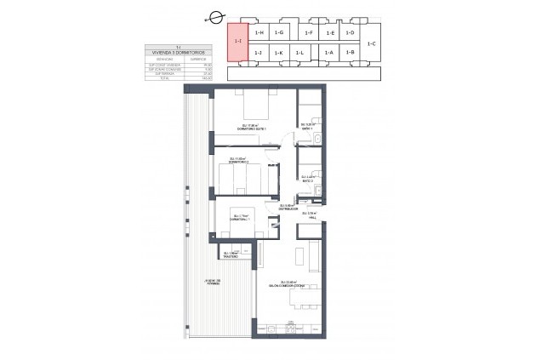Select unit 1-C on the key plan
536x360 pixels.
pyautogui.click(x=372, y=42)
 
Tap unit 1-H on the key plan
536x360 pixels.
pyautogui.click(x=259, y=32)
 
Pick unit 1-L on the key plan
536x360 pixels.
pyautogui.click(x=299, y=53)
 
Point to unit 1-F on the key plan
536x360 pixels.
pyautogui.click(x=308, y=32)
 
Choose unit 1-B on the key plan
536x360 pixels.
pyautogui.click(x=351, y=53)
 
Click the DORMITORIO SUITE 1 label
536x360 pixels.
pyautogui.click(x=253, y=129)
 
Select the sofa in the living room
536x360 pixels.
pyautogui.click(x=314, y=254)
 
